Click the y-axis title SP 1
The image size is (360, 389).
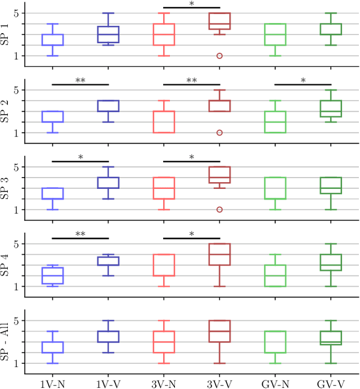click(5, 34)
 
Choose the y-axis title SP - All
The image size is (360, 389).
click(5, 342)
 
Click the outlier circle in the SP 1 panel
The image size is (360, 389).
click(219, 56)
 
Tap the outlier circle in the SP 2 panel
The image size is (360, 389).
click(219, 133)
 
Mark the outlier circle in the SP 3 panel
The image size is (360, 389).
click(219, 210)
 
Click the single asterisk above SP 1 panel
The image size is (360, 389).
click(191, 4)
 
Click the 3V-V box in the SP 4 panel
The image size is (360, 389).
click(219, 255)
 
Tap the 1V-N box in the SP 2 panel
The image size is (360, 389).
click(53, 116)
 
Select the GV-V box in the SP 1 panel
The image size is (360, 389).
click(330, 29)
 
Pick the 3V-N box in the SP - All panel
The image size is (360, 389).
click(164, 342)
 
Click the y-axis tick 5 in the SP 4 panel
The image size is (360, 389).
click(17, 244)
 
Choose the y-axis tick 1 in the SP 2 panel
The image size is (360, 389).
click(17, 133)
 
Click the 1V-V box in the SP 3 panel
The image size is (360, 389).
click(108, 183)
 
